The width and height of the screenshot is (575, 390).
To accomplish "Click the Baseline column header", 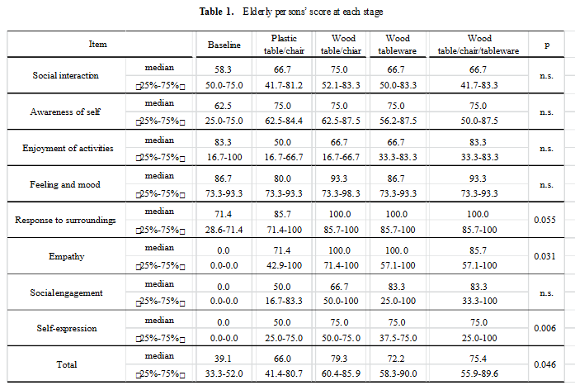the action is [224, 45].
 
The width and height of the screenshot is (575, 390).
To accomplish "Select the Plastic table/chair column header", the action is [284, 45].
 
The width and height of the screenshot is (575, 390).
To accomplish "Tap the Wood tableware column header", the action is [398, 45].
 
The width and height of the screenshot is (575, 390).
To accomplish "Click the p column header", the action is [547, 45].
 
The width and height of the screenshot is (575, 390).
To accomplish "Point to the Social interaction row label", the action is [66, 75].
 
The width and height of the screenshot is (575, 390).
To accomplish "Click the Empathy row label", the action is [66, 256].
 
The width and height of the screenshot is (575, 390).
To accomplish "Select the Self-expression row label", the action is [67, 328].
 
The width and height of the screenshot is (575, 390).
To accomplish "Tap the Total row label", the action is [67, 364].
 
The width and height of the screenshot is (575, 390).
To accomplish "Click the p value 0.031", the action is [544, 256].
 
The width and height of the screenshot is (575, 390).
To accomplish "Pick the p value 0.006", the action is [544, 328].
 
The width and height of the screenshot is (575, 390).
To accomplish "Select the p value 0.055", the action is [544, 220].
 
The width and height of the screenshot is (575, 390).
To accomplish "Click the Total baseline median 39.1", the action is [223, 359].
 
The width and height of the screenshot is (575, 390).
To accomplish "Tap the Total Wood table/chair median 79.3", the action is [339, 359].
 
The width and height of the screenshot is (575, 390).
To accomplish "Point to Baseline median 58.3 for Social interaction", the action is [223, 69].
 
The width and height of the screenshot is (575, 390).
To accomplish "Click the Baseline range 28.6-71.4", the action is [224, 230].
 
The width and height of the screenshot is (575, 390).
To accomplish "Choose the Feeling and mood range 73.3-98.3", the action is [341, 193].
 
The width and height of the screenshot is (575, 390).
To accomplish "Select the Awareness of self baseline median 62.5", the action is [223, 106].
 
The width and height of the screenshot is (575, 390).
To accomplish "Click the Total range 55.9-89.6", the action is [479, 373].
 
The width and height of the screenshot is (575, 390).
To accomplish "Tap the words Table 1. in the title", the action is [216, 12].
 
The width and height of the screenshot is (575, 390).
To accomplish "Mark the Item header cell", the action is [98, 44].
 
